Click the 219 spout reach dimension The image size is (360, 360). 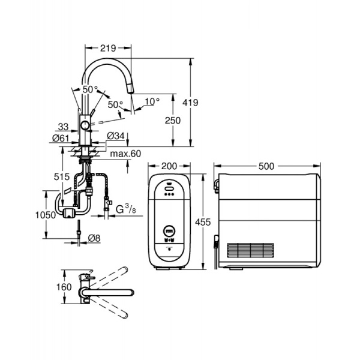109,46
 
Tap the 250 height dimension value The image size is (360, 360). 172,121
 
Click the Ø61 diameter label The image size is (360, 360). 59,138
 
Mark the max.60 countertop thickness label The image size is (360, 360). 125,154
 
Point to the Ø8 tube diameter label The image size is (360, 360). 94,239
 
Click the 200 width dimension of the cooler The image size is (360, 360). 169,166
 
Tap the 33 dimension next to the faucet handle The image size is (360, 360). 63,126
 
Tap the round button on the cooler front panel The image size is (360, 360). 169,230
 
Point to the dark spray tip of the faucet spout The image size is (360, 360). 131,90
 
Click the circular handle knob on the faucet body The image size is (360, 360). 86,125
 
